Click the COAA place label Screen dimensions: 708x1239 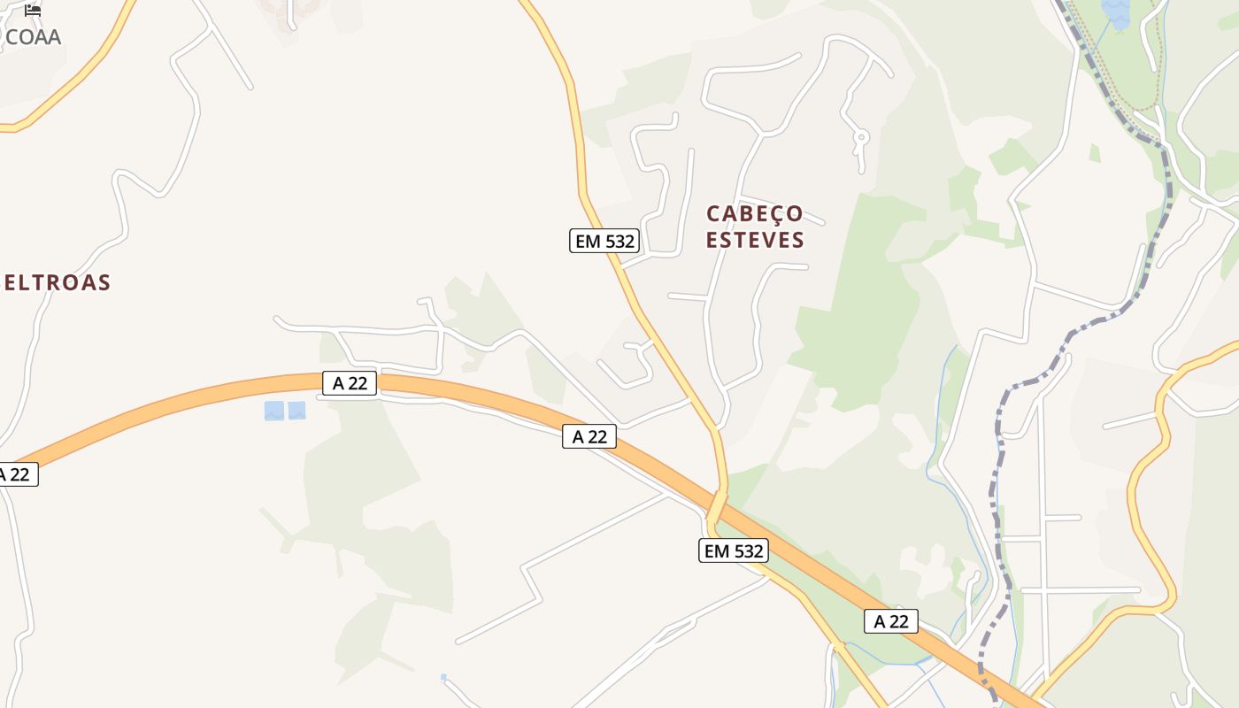pyautogui.click(x=33, y=37)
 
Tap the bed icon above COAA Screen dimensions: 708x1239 pyautogui.click(x=33, y=11)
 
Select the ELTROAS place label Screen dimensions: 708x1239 pyautogui.click(x=57, y=283)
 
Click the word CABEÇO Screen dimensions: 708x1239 pyautogui.click(x=754, y=214)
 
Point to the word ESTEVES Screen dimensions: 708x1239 pyautogui.click(x=755, y=240)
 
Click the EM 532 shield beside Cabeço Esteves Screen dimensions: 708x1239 pyautogui.click(x=604, y=241)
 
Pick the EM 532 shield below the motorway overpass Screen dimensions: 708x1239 pyautogui.click(x=733, y=551)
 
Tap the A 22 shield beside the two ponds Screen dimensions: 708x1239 pyautogui.click(x=350, y=383)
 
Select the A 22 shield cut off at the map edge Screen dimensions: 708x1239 pyautogui.click(x=16, y=474)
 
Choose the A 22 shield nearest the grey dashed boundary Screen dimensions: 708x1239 pyautogui.click(x=890, y=621)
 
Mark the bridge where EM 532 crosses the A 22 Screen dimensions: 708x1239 pyautogui.click(x=717, y=507)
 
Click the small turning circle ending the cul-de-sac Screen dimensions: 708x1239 pyautogui.click(x=860, y=137)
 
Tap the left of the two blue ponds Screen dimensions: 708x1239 pyautogui.click(x=274, y=411)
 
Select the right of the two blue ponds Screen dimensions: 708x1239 pyautogui.click(x=296, y=411)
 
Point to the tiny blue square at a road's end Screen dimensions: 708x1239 pyautogui.click(x=443, y=678)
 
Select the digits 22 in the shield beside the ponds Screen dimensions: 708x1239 pyautogui.click(x=358, y=383)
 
